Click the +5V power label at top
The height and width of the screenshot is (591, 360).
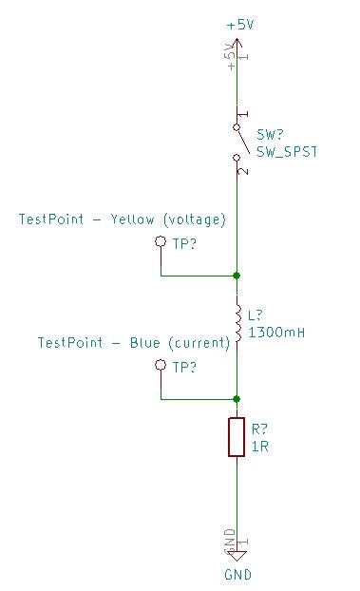tap(240, 25)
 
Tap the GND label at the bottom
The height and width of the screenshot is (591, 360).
tap(237, 574)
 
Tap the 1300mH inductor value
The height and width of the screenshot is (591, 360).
tap(275, 333)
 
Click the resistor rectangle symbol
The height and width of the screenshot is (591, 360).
tap(237, 437)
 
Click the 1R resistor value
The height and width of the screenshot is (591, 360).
tap(260, 445)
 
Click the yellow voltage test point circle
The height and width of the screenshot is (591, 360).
tap(161, 243)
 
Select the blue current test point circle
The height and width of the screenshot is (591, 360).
tap(161, 366)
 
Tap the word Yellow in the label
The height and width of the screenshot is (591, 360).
tap(134, 219)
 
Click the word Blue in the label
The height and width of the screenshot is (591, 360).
tap(145, 342)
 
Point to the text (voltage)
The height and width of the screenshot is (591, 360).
tap(195, 219)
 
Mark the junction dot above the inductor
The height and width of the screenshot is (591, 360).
tap(237, 276)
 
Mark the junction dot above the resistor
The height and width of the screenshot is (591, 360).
tap(237, 399)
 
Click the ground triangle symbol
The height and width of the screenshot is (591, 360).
tap(237, 557)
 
